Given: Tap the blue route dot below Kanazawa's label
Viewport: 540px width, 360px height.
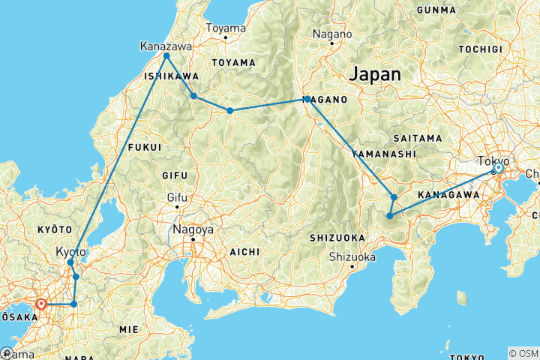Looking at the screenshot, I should pyautogui.click(x=166, y=56).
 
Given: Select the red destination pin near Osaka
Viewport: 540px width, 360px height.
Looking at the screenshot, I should pyautogui.click(x=41, y=304).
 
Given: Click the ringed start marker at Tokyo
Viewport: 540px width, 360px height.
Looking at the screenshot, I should pyautogui.click(x=498, y=169).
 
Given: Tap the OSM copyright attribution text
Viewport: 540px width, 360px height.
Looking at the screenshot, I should pyautogui.click(x=523, y=353).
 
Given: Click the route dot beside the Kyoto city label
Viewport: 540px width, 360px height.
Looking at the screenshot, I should pyautogui.click(x=70, y=262).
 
